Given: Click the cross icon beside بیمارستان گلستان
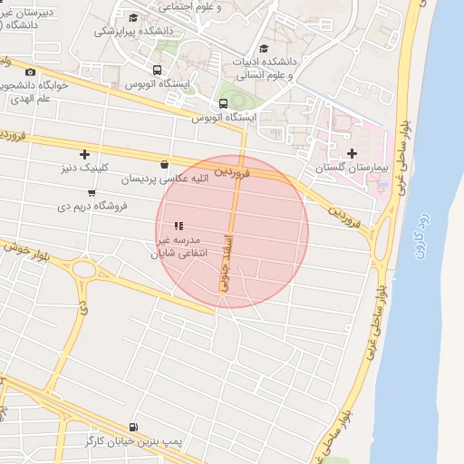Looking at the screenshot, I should tap(352, 153).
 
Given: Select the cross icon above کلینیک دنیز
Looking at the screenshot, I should tap(85, 154).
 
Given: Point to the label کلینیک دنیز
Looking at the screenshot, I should tap(84, 169).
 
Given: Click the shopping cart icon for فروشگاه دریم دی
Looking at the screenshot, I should tap(92, 192).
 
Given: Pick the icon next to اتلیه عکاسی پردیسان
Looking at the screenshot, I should tap(164, 165).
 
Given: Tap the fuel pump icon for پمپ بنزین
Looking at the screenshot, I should tap(134, 427).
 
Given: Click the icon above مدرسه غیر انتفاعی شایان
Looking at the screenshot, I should tap(179, 226).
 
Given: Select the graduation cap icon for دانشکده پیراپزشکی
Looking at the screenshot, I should tap(133, 17).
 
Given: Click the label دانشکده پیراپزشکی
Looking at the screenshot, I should tap(134, 31).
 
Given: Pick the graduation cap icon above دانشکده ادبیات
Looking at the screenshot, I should tap(265, 49).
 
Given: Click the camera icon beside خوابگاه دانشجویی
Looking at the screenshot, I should tap(30, 72).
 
